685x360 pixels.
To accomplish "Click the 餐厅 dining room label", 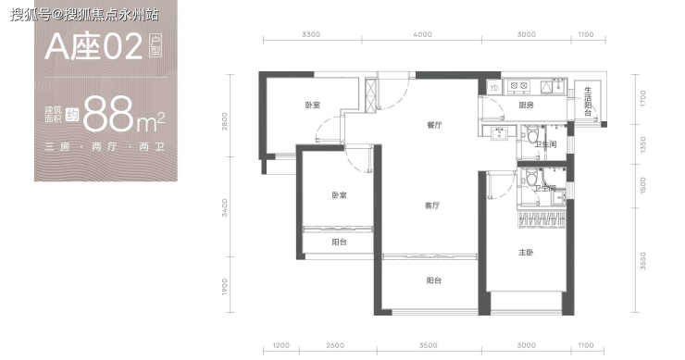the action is [434, 125].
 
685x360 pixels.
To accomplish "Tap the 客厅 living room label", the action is [432, 205].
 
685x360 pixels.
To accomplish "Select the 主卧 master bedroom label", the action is [526, 252].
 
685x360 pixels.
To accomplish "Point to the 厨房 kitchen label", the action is [526, 105].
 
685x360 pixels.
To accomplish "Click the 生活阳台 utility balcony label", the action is [588, 102].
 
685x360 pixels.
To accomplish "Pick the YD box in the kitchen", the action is [493, 88].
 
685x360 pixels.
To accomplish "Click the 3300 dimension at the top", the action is [311, 34].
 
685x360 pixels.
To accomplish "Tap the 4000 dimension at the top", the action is [422, 34].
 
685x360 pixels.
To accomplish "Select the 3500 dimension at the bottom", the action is [428, 345].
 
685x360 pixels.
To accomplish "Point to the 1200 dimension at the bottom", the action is [280, 345].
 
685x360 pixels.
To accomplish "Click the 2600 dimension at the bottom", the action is [335, 345].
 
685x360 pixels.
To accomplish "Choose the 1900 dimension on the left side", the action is [225, 287].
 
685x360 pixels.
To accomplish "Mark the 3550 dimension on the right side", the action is [642, 261].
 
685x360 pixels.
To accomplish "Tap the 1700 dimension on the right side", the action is [642, 98].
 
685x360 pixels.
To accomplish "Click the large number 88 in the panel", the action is [108, 115].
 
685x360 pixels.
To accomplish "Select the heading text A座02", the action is [93, 47].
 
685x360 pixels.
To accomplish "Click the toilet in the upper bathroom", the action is [531, 135].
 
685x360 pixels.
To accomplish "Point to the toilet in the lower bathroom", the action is [531, 179].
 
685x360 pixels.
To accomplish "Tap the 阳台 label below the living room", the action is [434, 280].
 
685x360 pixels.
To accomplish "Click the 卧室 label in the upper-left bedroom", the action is [312, 105].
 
